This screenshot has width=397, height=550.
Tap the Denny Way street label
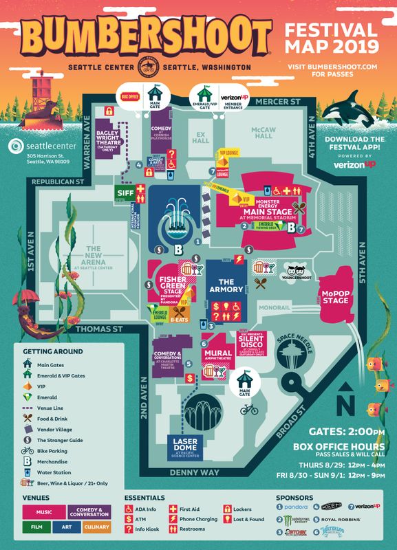coord(196,474)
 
